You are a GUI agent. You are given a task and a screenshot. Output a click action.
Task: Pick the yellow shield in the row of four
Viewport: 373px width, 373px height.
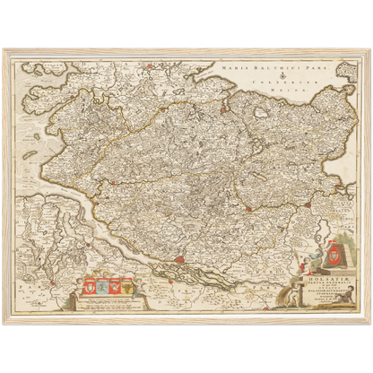[x=124, y=287]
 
